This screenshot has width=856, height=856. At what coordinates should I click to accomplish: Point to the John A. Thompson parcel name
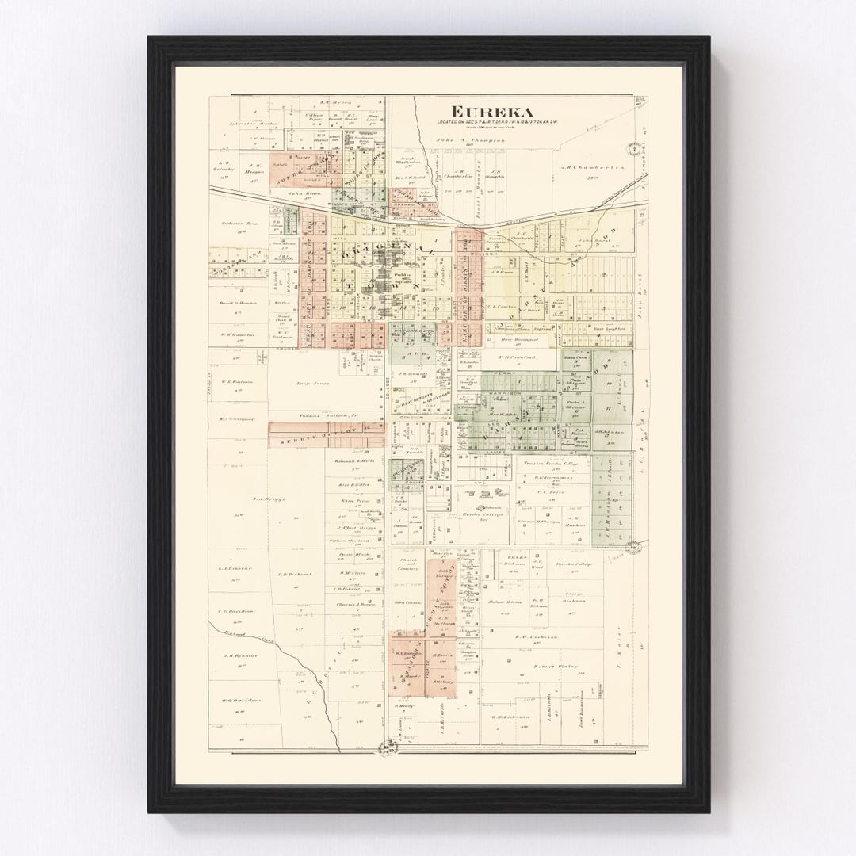point(469,139)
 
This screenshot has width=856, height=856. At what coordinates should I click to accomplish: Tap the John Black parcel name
point(302,193)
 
